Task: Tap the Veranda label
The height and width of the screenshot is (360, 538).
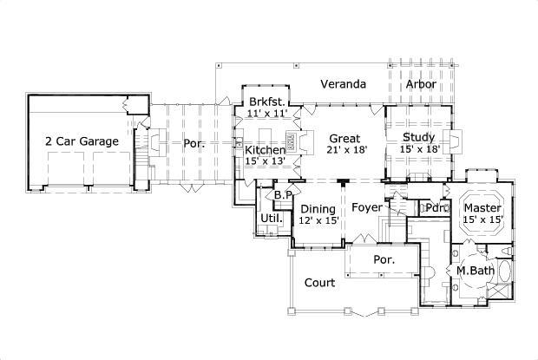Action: coord(341,84)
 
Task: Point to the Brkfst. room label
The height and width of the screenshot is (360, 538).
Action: coord(266,101)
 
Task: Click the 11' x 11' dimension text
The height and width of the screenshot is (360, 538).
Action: coord(266,114)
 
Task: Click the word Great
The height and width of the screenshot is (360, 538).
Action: coord(344,137)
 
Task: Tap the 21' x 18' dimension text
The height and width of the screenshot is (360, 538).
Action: coord(344,149)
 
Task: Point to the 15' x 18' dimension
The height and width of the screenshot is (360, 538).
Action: coord(421,149)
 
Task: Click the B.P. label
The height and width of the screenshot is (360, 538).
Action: coord(282,195)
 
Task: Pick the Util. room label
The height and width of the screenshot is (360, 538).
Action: coord(270,219)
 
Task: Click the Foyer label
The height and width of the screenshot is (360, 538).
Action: coord(368,208)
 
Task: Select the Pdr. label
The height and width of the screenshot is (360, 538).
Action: coord(435,208)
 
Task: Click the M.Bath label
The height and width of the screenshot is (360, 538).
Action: coord(475,272)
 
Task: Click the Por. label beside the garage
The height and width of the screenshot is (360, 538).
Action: coord(194,143)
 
